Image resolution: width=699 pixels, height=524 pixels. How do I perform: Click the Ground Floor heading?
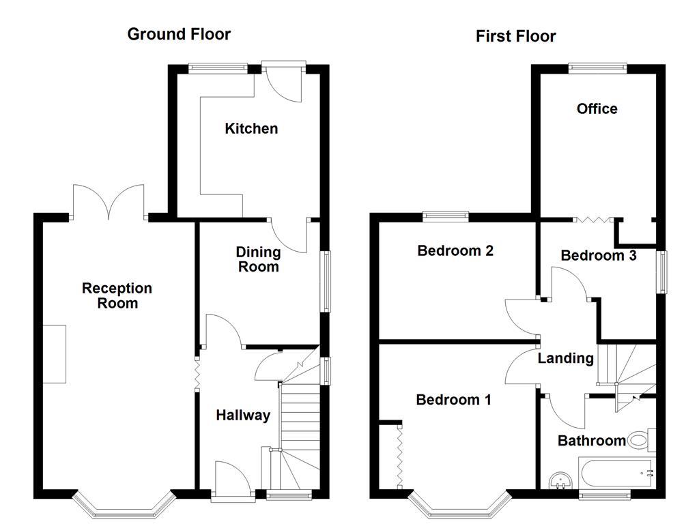pos(179,34)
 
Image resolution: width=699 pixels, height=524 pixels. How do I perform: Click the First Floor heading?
pos(515,36)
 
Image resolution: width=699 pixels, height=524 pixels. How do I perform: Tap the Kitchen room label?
pos(251,128)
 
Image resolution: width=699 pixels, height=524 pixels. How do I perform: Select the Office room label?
pos(597,108)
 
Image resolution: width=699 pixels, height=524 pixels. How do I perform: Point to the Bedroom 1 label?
pos(453,400)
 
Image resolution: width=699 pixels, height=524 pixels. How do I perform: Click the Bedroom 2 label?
pos(455,250)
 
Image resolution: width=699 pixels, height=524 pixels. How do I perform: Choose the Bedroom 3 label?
pos(598,255)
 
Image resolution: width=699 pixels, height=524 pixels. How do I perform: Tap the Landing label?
pos(565,358)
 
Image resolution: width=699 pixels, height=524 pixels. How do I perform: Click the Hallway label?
pos(243,415)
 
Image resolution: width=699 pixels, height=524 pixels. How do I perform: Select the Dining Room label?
pos(259,260)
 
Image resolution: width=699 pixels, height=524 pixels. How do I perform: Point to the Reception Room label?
pos(117,295)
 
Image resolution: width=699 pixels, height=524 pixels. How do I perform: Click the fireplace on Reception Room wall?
pos(55,354)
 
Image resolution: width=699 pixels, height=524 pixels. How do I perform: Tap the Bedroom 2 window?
pos(445,217)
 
